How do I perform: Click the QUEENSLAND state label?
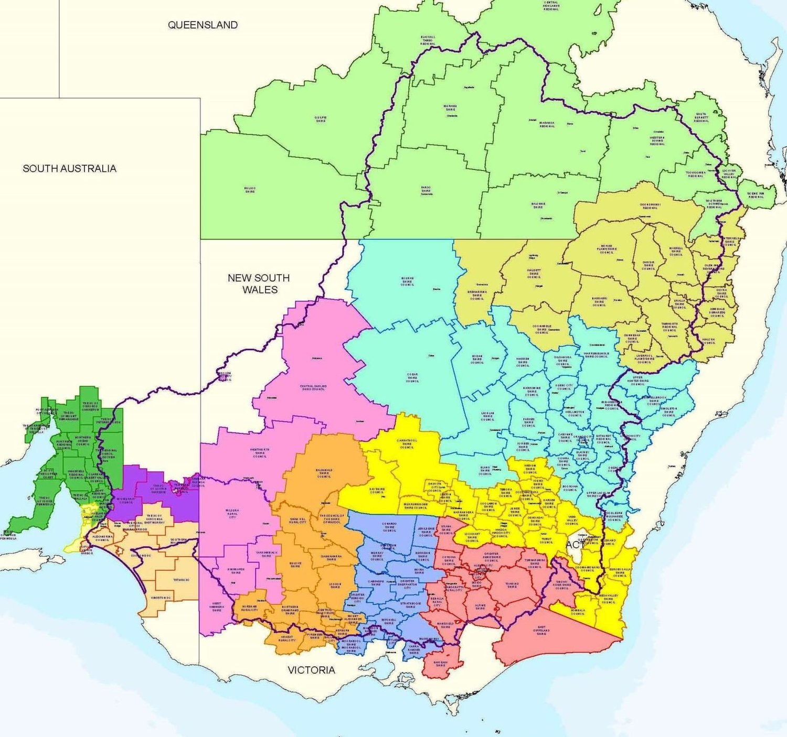pyautogui.click(x=203, y=25)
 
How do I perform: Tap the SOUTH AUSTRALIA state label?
pyautogui.click(x=69, y=168)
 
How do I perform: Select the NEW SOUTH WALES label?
pyautogui.click(x=259, y=284)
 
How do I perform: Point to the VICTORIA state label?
pyautogui.click(x=311, y=670)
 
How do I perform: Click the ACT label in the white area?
pyautogui.click(x=575, y=545)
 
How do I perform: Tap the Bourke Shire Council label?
pyautogui.click(x=408, y=281)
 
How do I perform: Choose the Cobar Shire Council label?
pyautogui.click(x=413, y=377)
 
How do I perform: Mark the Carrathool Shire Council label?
pyautogui.click(x=407, y=443)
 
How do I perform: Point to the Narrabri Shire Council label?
pyautogui.click(x=599, y=302)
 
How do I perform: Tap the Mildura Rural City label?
pyautogui.click(x=232, y=513)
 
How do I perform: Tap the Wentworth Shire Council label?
pyautogui.click(x=260, y=452)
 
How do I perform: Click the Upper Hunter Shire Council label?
pyautogui.click(x=637, y=381)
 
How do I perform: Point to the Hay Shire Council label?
pyautogui.click(x=377, y=490)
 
